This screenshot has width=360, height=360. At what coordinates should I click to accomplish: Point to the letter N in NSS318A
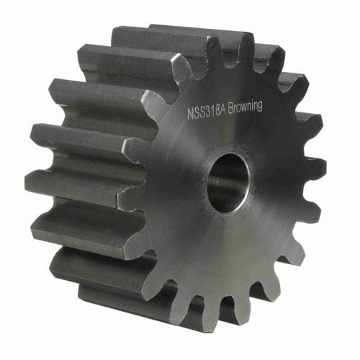(x=190, y=114)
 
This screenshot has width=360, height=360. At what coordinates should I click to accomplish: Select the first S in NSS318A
(x=196, y=113)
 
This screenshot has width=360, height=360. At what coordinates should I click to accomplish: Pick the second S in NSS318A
(x=202, y=112)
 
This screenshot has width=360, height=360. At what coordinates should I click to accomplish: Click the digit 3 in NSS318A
(x=207, y=112)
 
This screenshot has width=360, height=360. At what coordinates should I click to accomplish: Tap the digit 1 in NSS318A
(x=212, y=112)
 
